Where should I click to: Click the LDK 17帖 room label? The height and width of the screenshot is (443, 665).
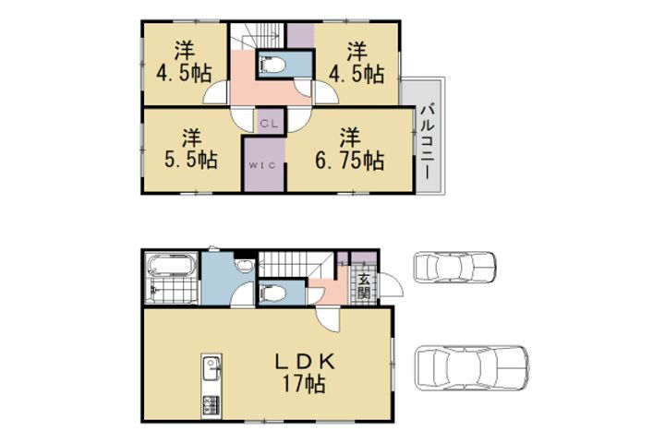coord(305,373)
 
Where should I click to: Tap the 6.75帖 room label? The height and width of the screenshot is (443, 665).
coord(350,149)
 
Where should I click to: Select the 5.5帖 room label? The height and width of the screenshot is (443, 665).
coord(191,149)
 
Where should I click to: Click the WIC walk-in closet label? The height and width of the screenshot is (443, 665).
coord(262,165)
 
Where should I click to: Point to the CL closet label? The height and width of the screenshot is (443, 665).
coord(269,124)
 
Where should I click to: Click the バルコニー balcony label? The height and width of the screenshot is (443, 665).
coord(428,141)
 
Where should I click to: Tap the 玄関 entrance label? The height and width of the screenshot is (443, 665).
coord(364,286)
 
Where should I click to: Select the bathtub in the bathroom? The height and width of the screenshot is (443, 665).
coord(171,266)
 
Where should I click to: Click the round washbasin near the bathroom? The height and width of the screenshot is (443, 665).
coord(244,266)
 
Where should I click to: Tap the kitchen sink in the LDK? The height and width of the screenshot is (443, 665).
coord(212,369)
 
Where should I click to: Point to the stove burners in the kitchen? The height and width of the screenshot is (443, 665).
coord(212,404)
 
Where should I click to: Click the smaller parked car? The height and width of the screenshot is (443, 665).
coord(454,267)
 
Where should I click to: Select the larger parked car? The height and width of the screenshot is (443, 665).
coord(472,367)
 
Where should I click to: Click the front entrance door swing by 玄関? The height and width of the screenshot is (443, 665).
coord(390,285)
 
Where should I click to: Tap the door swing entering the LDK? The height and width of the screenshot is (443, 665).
coord(329,320)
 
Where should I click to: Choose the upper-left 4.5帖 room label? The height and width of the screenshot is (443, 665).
coord(184,62)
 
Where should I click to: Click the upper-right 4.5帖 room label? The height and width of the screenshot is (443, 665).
coord(357,62)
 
